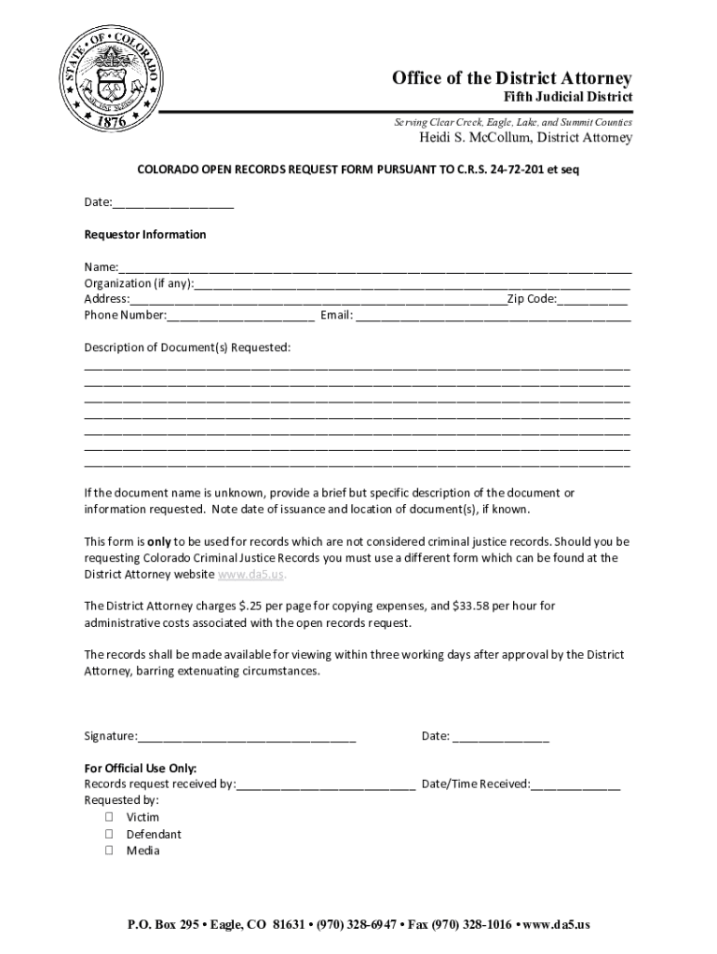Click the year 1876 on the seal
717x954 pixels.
(x=114, y=119)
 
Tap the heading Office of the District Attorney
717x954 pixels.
(x=511, y=78)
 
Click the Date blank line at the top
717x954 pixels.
(x=173, y=203)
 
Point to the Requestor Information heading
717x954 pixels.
(x=144, y=235)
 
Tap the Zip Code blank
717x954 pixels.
(x=592, y=300)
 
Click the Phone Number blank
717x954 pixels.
(x=240, y=316)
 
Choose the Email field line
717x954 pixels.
(x=494, y=316)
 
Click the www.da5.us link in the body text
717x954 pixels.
(x=246, y=575)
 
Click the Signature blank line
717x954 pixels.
(x=247, y=737)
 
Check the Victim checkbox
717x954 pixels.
(x=109, y=818)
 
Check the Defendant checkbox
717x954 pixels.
(x=109, y=835)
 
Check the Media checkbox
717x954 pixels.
(x=109, y=851)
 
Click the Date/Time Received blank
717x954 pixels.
(x=575, y=785)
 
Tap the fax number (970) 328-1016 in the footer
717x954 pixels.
(x=468, y=925)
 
